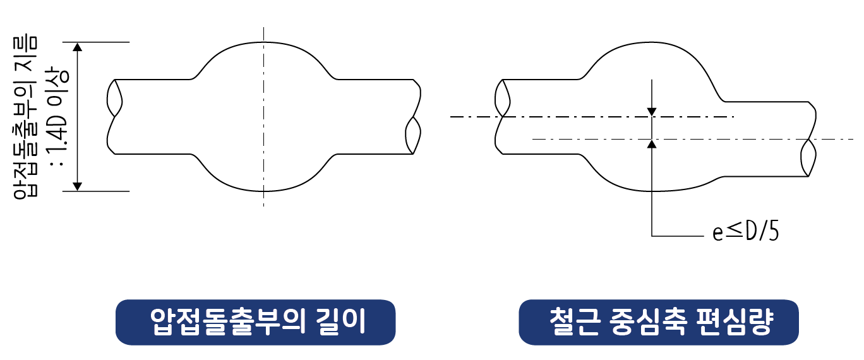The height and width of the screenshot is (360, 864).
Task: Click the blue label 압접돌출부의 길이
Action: coord(255,322)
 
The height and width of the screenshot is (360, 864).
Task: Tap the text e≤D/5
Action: coord(745,232)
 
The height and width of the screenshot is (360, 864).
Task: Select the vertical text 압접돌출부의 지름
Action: coord(25,117)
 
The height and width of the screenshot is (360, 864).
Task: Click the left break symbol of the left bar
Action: coord(114,99)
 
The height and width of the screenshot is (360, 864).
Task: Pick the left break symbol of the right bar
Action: coord(502,99)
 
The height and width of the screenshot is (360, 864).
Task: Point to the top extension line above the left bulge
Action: coord(101,42)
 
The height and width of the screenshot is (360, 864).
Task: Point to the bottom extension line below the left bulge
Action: coord(101,191)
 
